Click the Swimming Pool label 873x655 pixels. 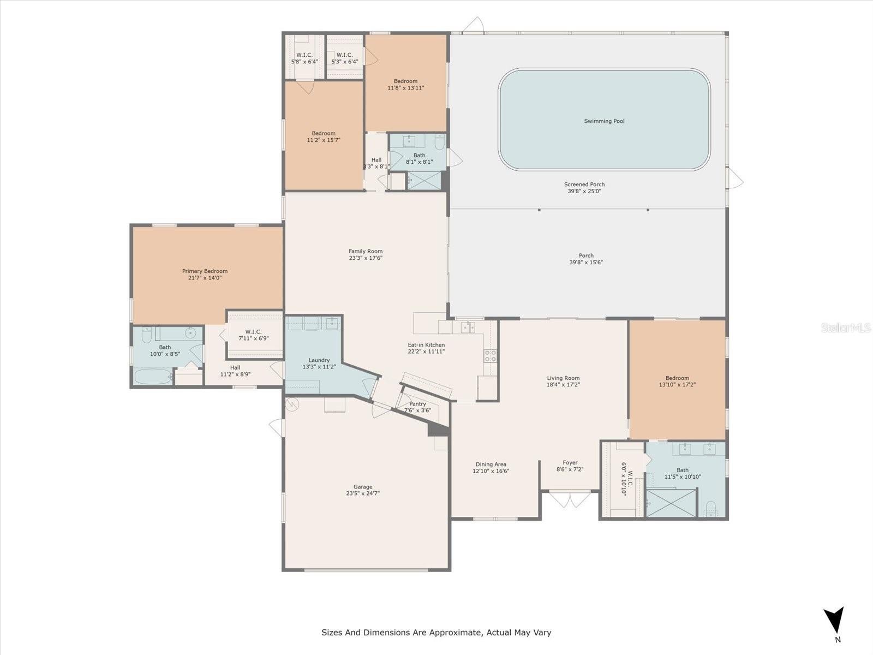click(604, 121)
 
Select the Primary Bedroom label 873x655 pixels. click(205, 271)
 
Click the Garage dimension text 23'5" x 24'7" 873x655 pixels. click(363, 493)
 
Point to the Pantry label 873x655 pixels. click(417, 404)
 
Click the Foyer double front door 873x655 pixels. click(570, 499)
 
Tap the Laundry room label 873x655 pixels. click(319, 360)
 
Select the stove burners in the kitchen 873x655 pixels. click(490, 355)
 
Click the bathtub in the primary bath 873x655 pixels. click(153, 376)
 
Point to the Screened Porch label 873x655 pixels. click(584, 184)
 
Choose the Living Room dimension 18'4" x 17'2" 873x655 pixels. click(563, 385)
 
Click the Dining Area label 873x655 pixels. click(491, 464)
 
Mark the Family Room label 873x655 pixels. click(366, 251)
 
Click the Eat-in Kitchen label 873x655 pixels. click(426, 345)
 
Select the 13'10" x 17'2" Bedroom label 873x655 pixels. click(677, 378)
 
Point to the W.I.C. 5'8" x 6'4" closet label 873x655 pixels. click(304, 55)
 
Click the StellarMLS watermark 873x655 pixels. click(846, 327)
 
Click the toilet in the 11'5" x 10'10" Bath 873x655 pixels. click(710, 508)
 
